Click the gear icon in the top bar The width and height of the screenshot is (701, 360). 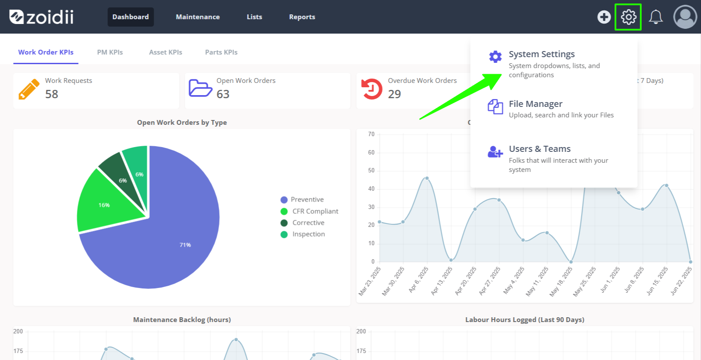(628, 17)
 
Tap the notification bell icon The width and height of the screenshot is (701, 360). (656, 17)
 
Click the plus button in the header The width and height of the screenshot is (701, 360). (604, 17)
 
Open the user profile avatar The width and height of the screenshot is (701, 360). (685, 17)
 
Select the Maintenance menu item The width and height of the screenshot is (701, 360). (198, 17)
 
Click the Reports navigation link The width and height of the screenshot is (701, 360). (302, 17)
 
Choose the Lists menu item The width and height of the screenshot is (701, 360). (254, 17)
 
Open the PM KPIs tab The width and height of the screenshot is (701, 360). (110, 52)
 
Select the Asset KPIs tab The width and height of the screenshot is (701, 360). (165, 52)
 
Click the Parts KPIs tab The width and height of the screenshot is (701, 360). (221, 52)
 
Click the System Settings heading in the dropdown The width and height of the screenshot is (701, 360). (542, 54)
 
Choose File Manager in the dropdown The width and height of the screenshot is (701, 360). (536, 104)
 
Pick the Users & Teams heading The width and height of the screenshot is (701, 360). (540, 149)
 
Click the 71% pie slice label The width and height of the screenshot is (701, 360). (185, 245)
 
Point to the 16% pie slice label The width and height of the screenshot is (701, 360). (104, 205)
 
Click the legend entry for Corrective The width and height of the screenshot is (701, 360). (302, 223)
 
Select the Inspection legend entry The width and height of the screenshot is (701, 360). (302, 234)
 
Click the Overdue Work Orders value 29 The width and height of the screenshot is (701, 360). (394, 94)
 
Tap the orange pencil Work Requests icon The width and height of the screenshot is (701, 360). (29, 89)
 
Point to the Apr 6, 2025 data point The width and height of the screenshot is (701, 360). (427, 178)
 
